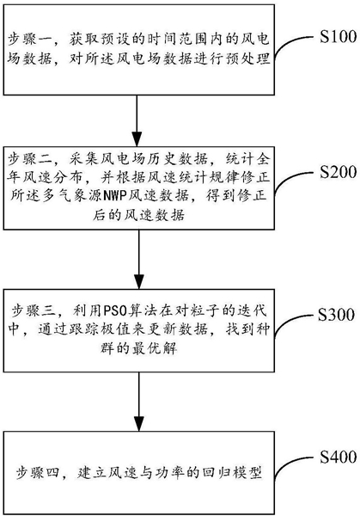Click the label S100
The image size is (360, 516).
tap(339, 36)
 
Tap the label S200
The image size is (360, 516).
tap(339, 172)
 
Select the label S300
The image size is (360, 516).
tap(336, 315)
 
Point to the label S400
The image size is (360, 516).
tap(339, 458)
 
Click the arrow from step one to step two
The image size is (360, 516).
tap(137, 120)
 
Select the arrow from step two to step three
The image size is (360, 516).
tap(138, 259)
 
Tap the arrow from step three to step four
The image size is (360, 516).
tap(138, 402)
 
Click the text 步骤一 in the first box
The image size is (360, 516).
tap(29, 40)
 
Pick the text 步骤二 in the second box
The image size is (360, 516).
tap(29, 159)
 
